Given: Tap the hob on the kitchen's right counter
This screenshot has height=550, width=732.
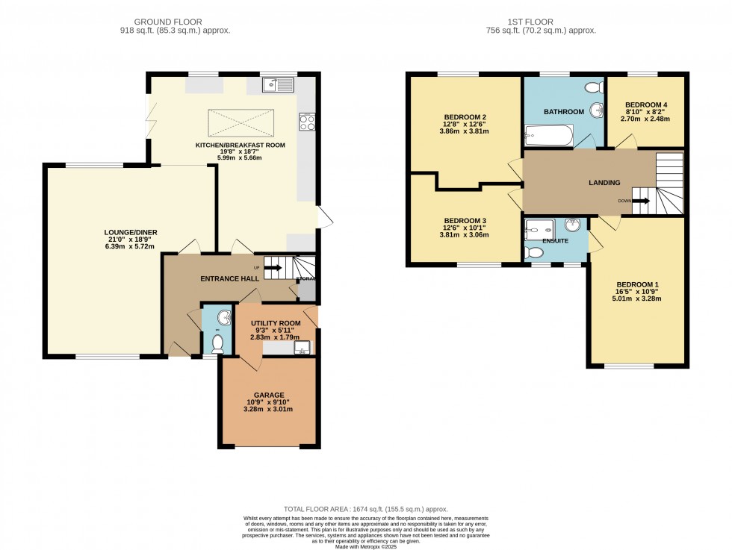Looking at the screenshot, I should tap(307, 122).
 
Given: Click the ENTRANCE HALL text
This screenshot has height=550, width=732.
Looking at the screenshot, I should tap(229, 278).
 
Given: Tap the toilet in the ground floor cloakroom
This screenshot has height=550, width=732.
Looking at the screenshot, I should tap(217, 343).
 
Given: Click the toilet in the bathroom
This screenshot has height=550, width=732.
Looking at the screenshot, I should tap(595, 87).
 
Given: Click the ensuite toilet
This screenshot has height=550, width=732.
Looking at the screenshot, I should tap(535, 254).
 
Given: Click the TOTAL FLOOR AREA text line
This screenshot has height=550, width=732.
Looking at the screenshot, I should tap(365, 507).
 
